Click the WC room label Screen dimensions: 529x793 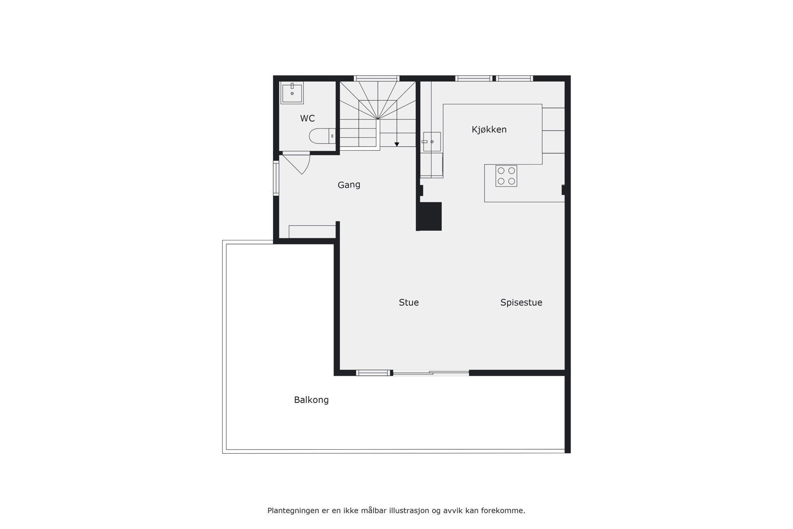coord(307,118)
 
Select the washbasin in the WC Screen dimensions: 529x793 coord(292,93)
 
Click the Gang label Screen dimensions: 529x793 coord(349,185)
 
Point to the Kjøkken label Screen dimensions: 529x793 coord(489,129)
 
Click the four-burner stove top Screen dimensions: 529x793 coord(506,176)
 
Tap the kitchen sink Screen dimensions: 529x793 coord(432,141)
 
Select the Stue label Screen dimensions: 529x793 coord(409,302)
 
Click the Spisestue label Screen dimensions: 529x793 coord(521,302)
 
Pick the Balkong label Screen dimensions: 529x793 coord(311,400)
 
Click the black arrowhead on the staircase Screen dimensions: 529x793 coord(397,144)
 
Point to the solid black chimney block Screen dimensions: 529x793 coord(429,216)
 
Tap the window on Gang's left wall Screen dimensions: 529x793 coord(276,178)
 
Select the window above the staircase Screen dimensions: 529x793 coord(377,78)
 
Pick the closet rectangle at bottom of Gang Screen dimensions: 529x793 coord(312,232)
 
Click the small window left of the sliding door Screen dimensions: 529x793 coord(374,373)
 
